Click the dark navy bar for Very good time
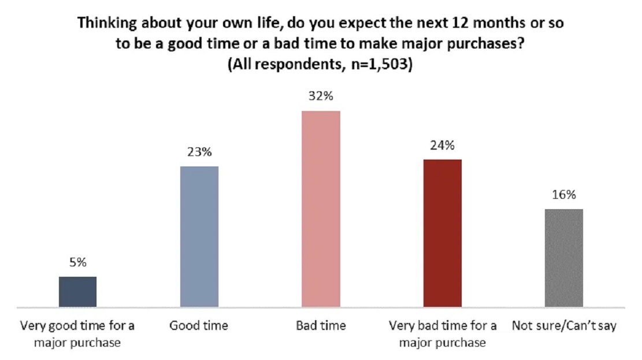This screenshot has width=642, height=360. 78,292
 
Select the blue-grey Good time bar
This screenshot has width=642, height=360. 199,237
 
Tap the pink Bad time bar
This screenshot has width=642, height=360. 321,209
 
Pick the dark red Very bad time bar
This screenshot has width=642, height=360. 443,233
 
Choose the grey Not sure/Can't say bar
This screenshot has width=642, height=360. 564,258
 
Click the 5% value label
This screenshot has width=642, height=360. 78,262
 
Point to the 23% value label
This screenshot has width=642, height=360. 199,152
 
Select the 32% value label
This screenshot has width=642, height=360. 321,96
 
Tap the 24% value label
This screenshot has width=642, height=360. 442,145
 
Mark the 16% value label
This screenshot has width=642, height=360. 564,195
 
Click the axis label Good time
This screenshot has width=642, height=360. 199,325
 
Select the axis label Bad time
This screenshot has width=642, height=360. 321,325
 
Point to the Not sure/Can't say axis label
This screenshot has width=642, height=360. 564,326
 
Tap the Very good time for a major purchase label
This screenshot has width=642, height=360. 77,334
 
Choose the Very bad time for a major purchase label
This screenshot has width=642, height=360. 443,334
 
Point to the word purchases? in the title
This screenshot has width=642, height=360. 485,44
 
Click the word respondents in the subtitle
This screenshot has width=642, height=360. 299,65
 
